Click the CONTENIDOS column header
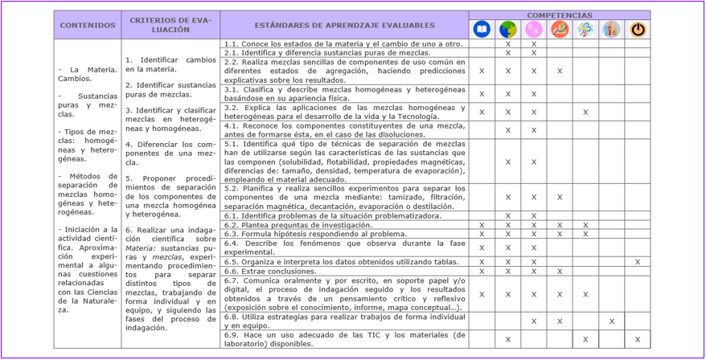coord(88,25)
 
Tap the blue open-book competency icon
coord(482,30)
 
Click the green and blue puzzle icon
coord(507,30)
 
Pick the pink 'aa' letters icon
coord(533,30)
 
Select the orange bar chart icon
coord(560,30)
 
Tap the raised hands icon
coord(611,30)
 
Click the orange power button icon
coord(638,30)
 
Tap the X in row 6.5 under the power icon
coord(638,262)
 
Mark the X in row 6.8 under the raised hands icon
coord(612,321)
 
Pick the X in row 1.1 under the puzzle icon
coord(507,43)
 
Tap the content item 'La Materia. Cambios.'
coord(88,75)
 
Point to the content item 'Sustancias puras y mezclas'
coord(88,104)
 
